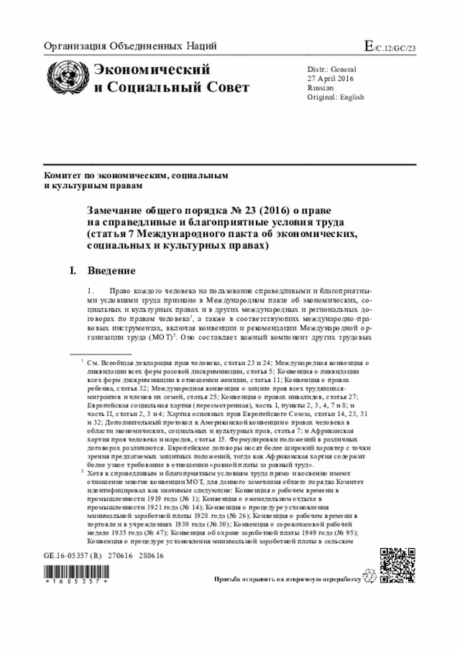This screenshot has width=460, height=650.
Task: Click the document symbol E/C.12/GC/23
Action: pyautogui.click(x=395, y=48)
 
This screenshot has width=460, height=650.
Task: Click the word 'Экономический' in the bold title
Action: pyautogui.click(x=152, y=70)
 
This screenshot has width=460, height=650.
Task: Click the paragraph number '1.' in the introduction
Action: pyautogui.click(x=91, y=291)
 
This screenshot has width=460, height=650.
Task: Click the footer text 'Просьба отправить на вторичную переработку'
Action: pyautogui.click(x=286, y=578)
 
